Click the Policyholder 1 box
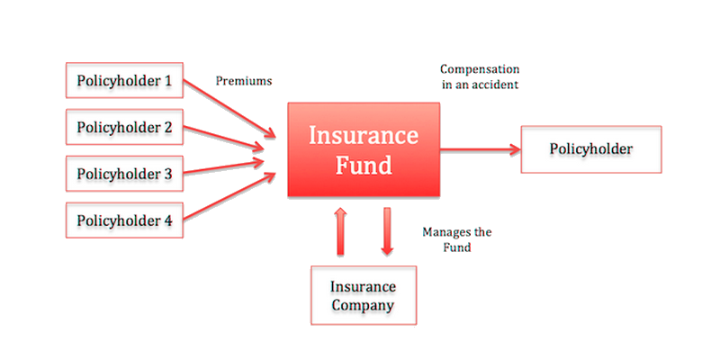pyautogui.click(x=124, y=80)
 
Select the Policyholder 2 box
pyautogui.click(x=124, y=127)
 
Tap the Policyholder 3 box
pyautogui.click(x=124, y=174)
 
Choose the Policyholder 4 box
pyautogui.click(x=124, y=220)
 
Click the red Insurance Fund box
pyautogui.click(x=364, y=149)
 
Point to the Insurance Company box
pyautogui.click(x=364, y=295)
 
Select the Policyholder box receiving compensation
pyautogui.click(x=591, y=149)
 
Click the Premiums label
pyautogui.click(x=244, y=81)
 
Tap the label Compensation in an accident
pyautogui.click(x=480, y=76)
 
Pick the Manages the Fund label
pyautogui.click(x=457, y=239)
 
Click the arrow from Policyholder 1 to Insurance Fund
pyautogui.click(x=229, y=109)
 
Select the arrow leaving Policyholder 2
pyautogui.click(x=224, y=139)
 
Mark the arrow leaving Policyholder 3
pyautogui.click(x=224, y=166)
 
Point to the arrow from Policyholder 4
pyautogui.click(x=229, y=195)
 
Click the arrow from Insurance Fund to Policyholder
pyautogui.click(x=481, y=149)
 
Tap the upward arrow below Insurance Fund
pyautogui.click(x=340, y=231)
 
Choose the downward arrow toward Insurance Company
pyautogui.click(x=387, y=231)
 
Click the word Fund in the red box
pyautogui.click(x=364, y=166)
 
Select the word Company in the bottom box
pyautogui.click(x=363, y=305)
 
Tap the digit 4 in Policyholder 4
pyautogui.click(x=167, y=220)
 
